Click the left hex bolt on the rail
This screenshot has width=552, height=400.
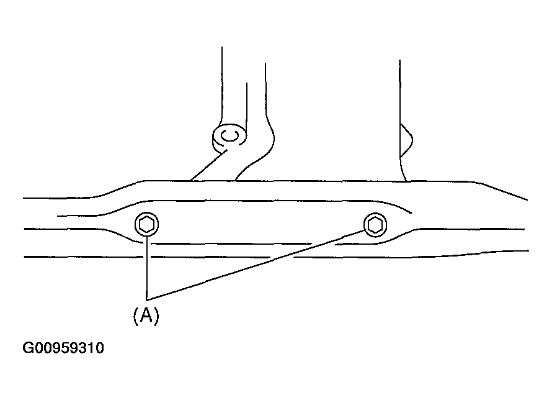tap(147, 224)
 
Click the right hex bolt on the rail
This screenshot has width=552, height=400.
tap(375, 225)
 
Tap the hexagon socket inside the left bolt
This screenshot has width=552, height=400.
tap(147, 224)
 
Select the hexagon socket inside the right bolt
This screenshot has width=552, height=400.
tap(375, 225)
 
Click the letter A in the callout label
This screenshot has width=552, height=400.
tap(146, 315)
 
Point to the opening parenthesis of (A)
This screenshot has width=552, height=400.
tap(136, 316)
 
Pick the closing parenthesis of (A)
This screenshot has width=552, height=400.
tap(157, 316)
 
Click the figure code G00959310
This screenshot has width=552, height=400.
tap(63, 348)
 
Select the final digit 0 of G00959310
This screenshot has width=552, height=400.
tap(100, 348)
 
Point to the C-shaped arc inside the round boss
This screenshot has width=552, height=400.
tap(230, 135)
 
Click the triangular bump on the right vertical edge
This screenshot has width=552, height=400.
tap(406, 140)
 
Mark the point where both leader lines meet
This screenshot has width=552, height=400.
tap(147, 300)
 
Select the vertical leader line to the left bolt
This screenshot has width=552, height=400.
tap(147, 268)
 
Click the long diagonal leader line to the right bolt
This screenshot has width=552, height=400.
tap(256, 265)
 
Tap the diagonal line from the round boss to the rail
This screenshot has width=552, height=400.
tap(209, 165)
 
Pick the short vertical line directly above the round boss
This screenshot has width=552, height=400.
tap(247, 109)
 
